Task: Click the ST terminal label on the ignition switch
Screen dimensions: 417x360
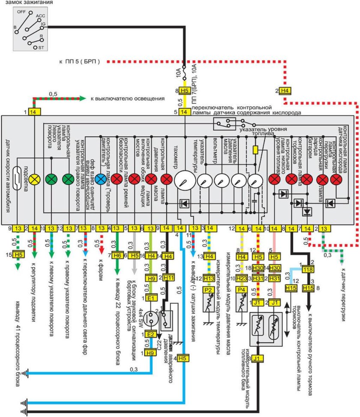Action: coord(41,47)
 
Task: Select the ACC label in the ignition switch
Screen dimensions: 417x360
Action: coord(41,16)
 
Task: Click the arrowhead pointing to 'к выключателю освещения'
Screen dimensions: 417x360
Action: coord(84,99)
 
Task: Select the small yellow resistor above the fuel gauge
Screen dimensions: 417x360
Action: coord(256,150)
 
